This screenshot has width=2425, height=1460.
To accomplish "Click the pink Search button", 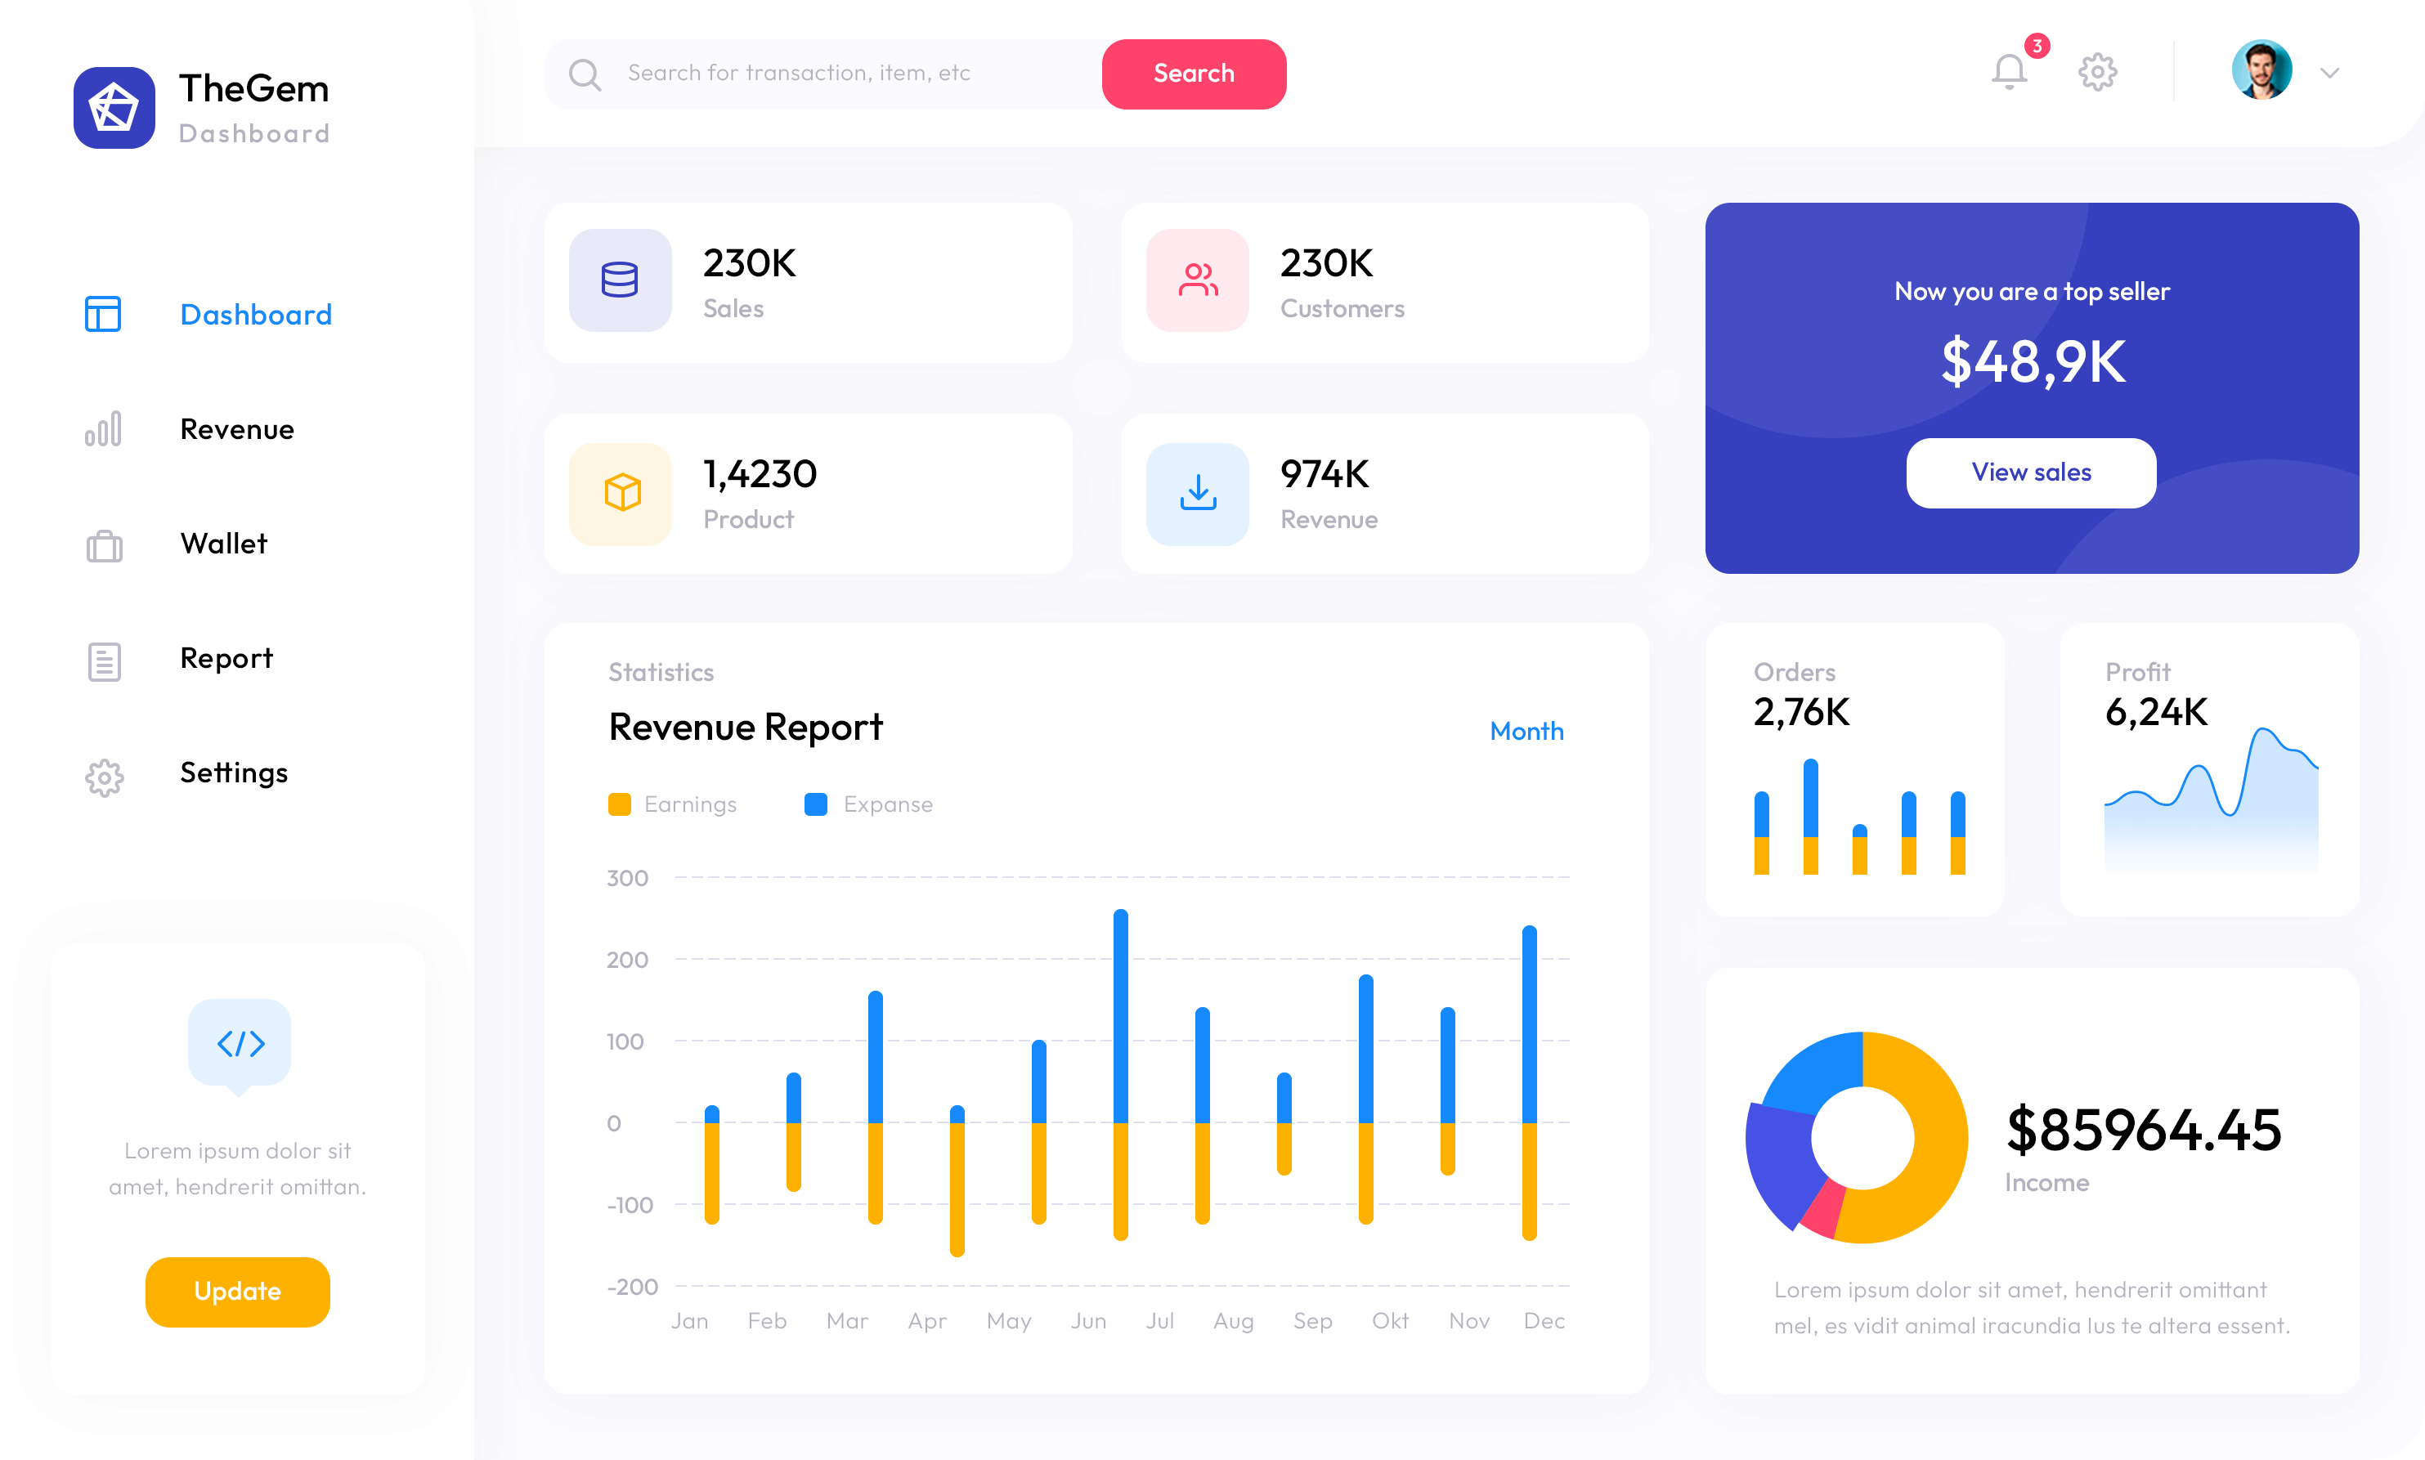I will tap(1194, 74).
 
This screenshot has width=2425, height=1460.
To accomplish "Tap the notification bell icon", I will tap(2010, 72).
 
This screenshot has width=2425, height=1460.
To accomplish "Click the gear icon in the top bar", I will tap(2097, 72).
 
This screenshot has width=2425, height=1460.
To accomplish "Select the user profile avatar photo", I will tap(2261, 69).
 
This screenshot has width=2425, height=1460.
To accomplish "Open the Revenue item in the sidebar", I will tap(237, 429).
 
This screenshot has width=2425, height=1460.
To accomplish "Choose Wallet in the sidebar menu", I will tap(223, 544).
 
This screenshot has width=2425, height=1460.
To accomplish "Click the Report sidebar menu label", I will tap(226, 658).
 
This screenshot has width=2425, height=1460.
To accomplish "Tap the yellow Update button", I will tap(237, 1292).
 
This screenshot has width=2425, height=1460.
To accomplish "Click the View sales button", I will tap(2030, 472).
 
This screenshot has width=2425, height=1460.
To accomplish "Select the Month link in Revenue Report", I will tap(1526, 731).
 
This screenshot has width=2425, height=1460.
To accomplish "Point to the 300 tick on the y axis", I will tap(626, 878).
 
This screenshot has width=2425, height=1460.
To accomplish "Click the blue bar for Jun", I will tap(1120, 1014).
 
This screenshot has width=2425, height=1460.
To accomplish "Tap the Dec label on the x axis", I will tap(1544, 1321).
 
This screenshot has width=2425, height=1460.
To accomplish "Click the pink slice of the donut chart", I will tap(1822, 1210).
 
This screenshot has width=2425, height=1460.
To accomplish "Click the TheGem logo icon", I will tap(114, 108).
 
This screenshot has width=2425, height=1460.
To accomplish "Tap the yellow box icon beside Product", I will tap(621, 493).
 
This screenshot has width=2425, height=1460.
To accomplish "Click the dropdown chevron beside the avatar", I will tap(2329, 73).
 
